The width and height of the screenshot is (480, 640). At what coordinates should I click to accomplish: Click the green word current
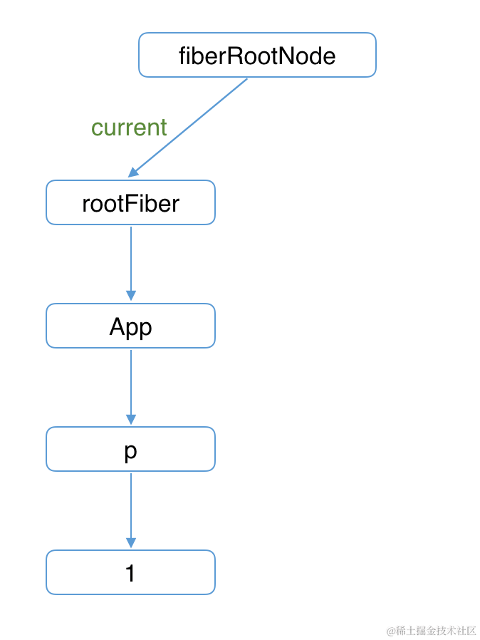click(x=129, y=128)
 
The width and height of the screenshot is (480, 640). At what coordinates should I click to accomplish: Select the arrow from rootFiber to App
click(x=130, y=260)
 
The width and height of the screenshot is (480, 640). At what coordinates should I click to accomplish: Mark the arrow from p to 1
click(x=130, y=507)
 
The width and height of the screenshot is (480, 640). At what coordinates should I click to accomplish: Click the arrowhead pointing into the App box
click(x=130, y=295)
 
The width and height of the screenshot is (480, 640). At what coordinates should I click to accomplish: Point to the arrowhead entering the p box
click(x=130, y=418)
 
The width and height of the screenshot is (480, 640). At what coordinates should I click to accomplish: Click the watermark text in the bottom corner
click(x=431, y=631)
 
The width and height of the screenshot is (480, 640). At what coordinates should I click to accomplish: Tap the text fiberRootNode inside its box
click(x=257, y=56)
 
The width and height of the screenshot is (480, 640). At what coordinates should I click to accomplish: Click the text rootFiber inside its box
click(x=130, y=204)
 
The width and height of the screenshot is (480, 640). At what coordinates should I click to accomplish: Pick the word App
click(x=130, y=327)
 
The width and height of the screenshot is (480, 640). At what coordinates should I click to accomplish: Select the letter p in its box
click(x=130, y=451)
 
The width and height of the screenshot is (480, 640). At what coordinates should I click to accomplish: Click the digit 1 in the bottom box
click(x=130, y=573)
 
